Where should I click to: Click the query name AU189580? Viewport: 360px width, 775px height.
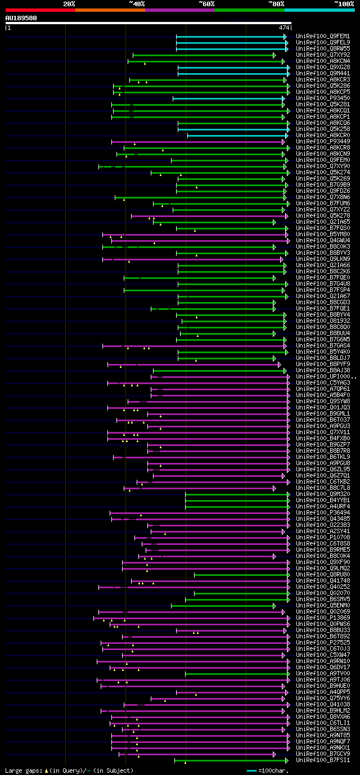[x=21, y=18]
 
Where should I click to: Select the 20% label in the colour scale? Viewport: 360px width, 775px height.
[x=69, y=4]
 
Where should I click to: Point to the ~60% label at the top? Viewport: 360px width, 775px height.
[x=206, y=4]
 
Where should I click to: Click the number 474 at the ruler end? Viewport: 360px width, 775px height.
[x=284, y=27]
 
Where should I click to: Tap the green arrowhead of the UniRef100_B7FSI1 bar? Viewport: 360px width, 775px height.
[x=286, y=760]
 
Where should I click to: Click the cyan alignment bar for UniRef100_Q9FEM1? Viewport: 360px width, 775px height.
[x=231, y=37]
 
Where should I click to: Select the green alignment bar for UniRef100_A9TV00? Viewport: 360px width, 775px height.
[x=236, y=674]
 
